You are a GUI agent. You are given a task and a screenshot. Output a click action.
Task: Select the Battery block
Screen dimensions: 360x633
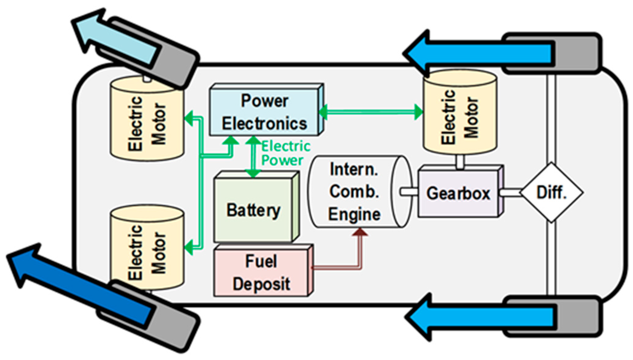[253, 210]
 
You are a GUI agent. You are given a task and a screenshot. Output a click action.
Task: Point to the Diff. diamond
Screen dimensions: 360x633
[551, 193]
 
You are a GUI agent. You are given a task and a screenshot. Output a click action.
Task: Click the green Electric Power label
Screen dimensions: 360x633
[285, 153]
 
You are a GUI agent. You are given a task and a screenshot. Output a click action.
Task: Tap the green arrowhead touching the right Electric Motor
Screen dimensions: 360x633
[418, 112]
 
